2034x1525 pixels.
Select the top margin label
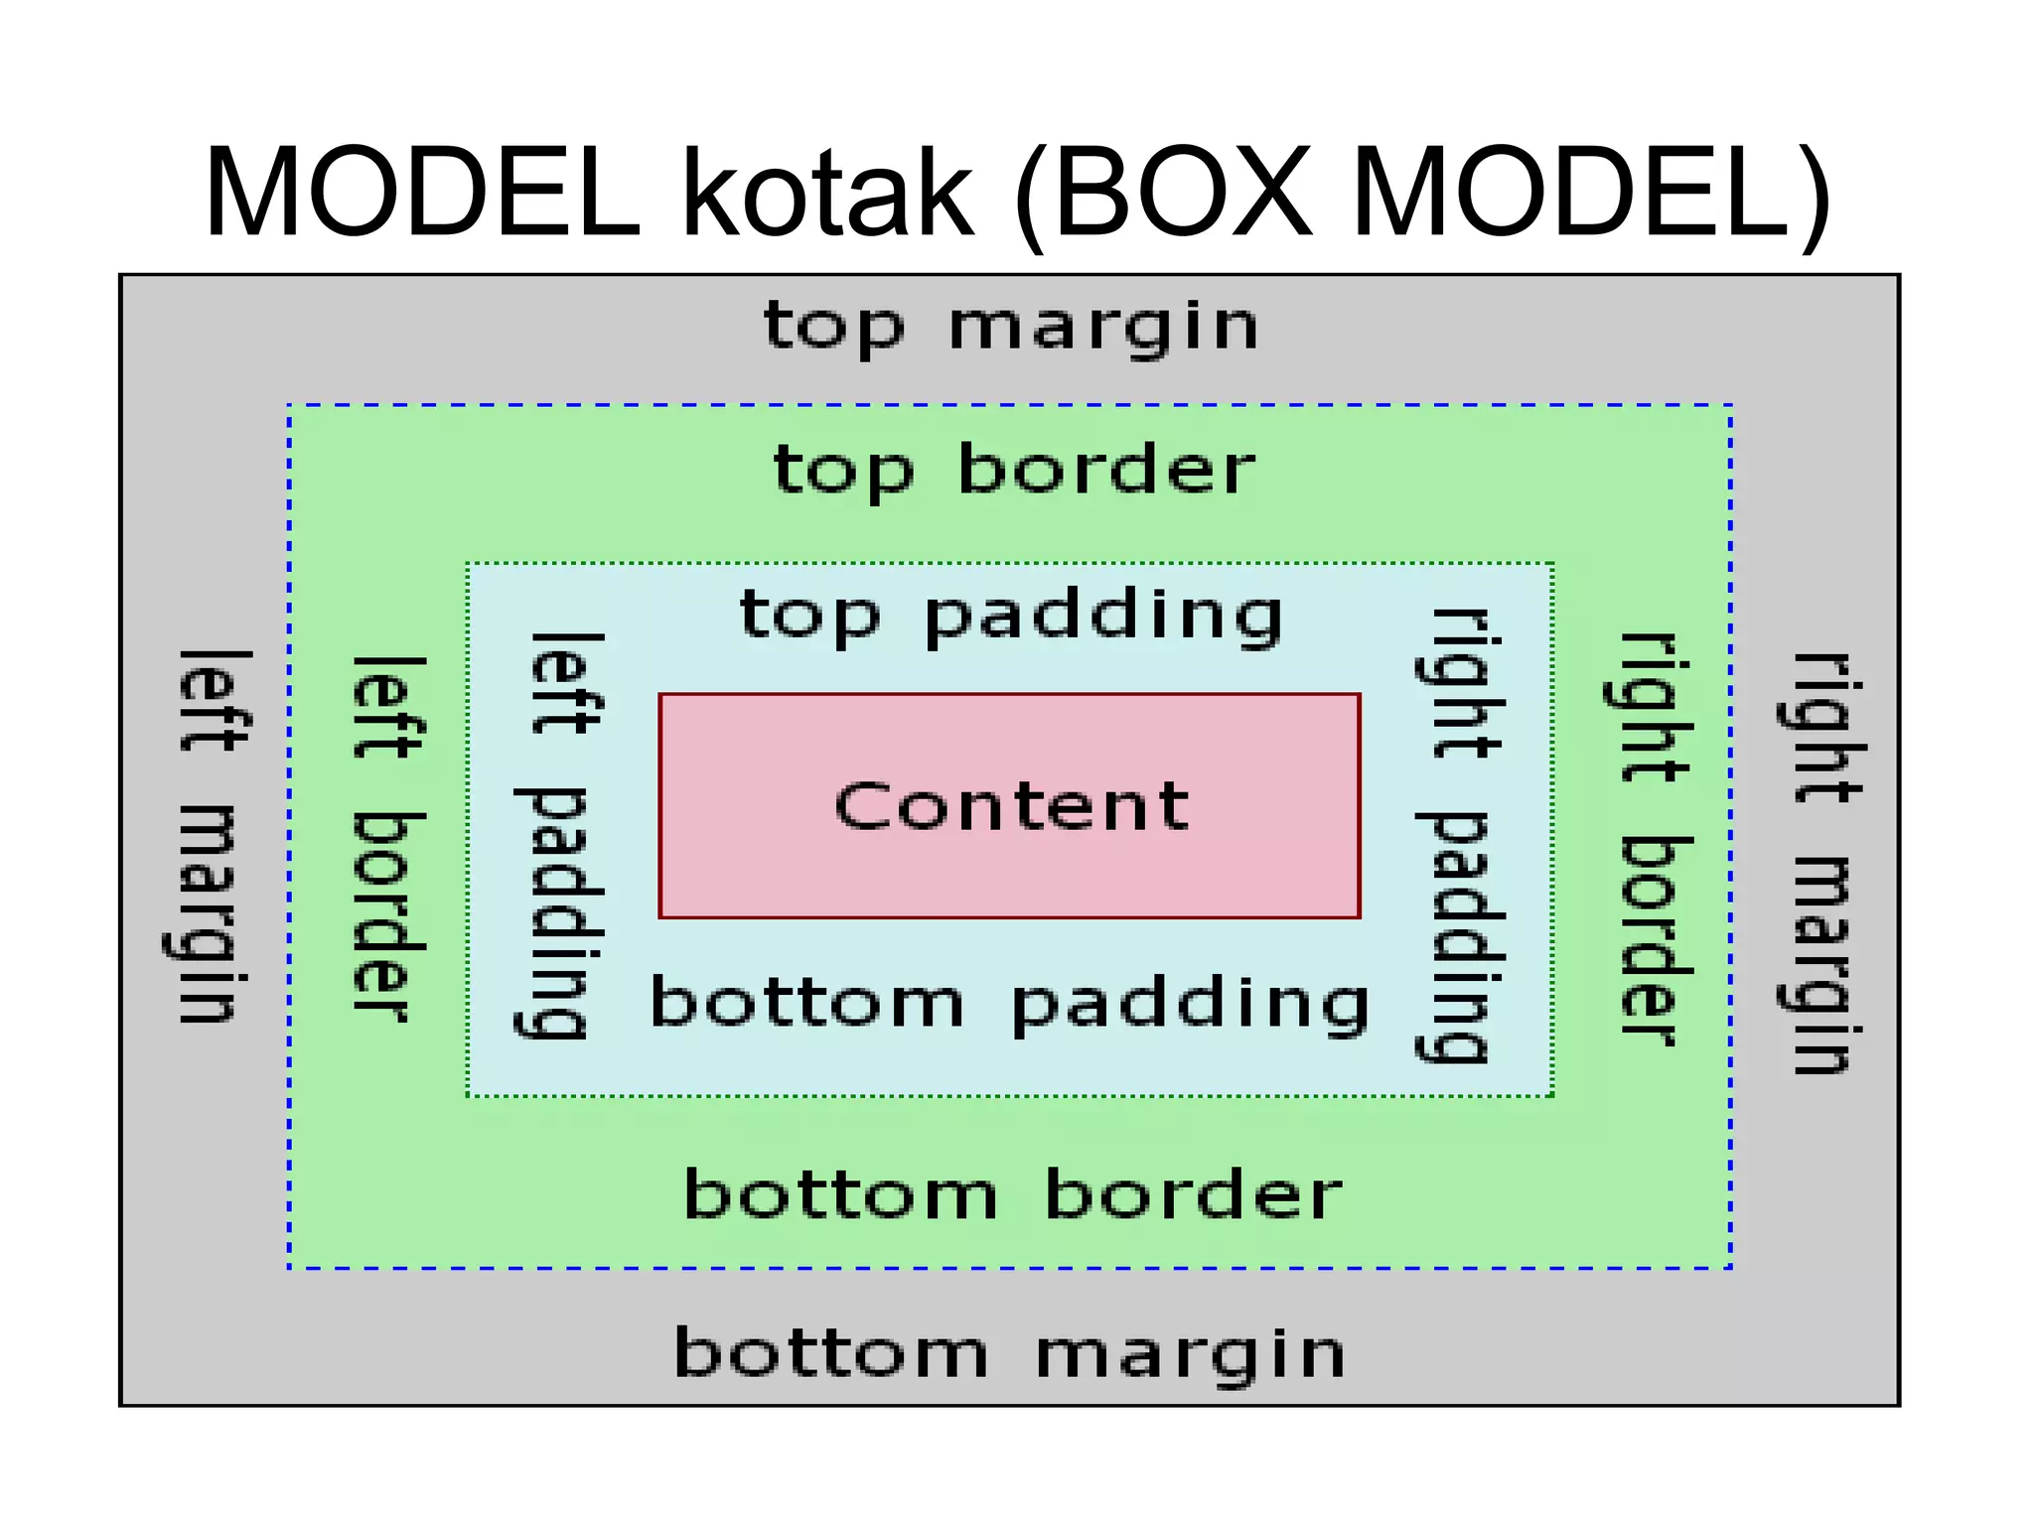[x=1010, y=328]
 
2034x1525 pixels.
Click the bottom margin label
[x=1010, y=1354]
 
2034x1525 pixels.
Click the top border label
[x=1013, y=471]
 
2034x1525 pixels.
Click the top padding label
[x=1011, y=617]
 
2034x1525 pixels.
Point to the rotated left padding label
[x=562, y=836]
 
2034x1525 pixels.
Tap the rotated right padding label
[x=1460, y=836]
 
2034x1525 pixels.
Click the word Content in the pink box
[x=1011, y=805]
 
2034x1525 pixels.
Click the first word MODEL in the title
[x=422, y=193]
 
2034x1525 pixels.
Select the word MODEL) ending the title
[x=1589, y=193]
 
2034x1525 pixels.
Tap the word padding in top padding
[x=1103, y=619]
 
